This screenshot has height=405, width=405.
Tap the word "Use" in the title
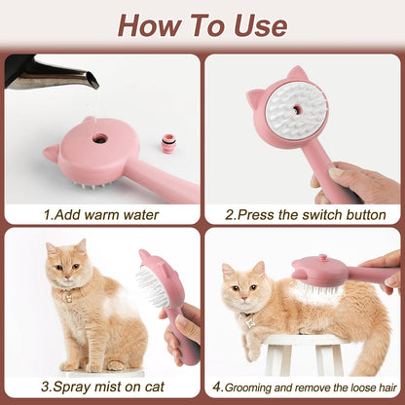[261, 26]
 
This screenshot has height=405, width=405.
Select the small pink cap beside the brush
[168, 144]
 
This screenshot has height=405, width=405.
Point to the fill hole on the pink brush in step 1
[99, 138]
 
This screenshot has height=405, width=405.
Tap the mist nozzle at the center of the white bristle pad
[295, 110]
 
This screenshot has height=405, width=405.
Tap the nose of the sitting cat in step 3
[67, 277]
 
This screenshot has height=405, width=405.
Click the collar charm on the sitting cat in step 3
[69, 299]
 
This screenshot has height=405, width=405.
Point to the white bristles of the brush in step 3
[153, 286]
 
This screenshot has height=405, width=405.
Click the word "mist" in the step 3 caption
[106, 387]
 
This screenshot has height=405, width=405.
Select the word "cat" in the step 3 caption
[155, 387]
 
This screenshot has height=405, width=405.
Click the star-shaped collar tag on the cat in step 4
[250, 323]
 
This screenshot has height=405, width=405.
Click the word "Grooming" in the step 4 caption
[248, 387]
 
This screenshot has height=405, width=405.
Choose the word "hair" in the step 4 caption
[387, 387]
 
